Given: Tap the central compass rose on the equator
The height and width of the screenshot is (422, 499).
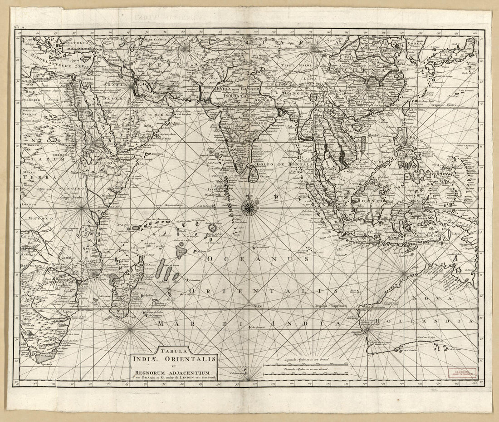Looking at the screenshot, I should [x=249, y=208].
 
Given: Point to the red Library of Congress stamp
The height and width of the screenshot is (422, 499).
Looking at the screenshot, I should [x=463, y=373].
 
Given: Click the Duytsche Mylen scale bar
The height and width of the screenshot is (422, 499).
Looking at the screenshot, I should [x=307, y=364].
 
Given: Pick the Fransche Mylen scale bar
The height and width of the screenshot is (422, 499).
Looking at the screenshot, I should [x=307, y=374].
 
